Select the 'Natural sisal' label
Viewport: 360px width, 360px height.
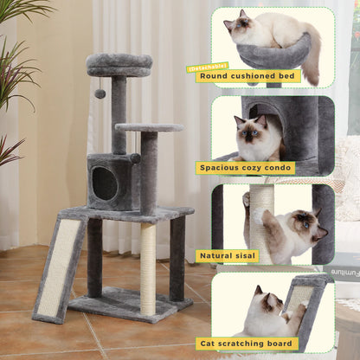coord(228,256)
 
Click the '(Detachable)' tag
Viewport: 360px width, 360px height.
coord(208,67)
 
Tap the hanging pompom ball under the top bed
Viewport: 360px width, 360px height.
coord(100,93)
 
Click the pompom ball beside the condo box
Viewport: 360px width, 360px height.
coord(135,158)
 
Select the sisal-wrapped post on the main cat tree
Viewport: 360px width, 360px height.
coord(148,268)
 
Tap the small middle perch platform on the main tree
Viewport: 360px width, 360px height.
coord(148,128)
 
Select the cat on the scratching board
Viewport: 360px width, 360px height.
coord(264,312)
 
